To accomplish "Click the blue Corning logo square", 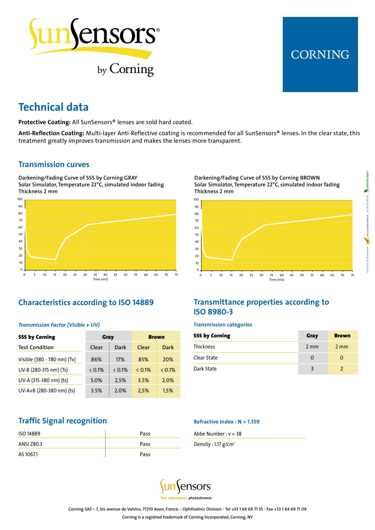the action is pos(320,54).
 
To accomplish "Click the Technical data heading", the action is pos(54,107).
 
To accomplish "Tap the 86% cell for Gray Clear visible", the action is pos(96,359).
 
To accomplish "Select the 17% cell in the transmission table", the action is pos(120,359).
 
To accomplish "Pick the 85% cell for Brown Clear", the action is pos(144,359).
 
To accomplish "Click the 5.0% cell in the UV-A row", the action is pos(96,380).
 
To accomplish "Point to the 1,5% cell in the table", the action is pos(168,391).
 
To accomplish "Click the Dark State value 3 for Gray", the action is pos(312,368).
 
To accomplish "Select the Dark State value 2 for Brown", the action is pos(342,368).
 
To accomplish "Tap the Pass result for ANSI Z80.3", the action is pos(145,444).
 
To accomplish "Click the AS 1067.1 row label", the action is pos(28,454).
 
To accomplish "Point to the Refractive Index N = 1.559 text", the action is pos(226,422).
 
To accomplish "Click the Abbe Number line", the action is pos(217,434).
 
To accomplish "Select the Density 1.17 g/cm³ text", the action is pos(214,444).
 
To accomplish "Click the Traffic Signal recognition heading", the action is pos(63,421).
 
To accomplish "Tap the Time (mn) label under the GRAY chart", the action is pos(100,279).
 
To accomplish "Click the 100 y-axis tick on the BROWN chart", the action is pos(196,199).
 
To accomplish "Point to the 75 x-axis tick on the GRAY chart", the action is pos(176,275).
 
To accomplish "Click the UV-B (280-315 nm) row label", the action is pos(43,370).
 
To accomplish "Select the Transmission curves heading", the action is pos(54,165).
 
